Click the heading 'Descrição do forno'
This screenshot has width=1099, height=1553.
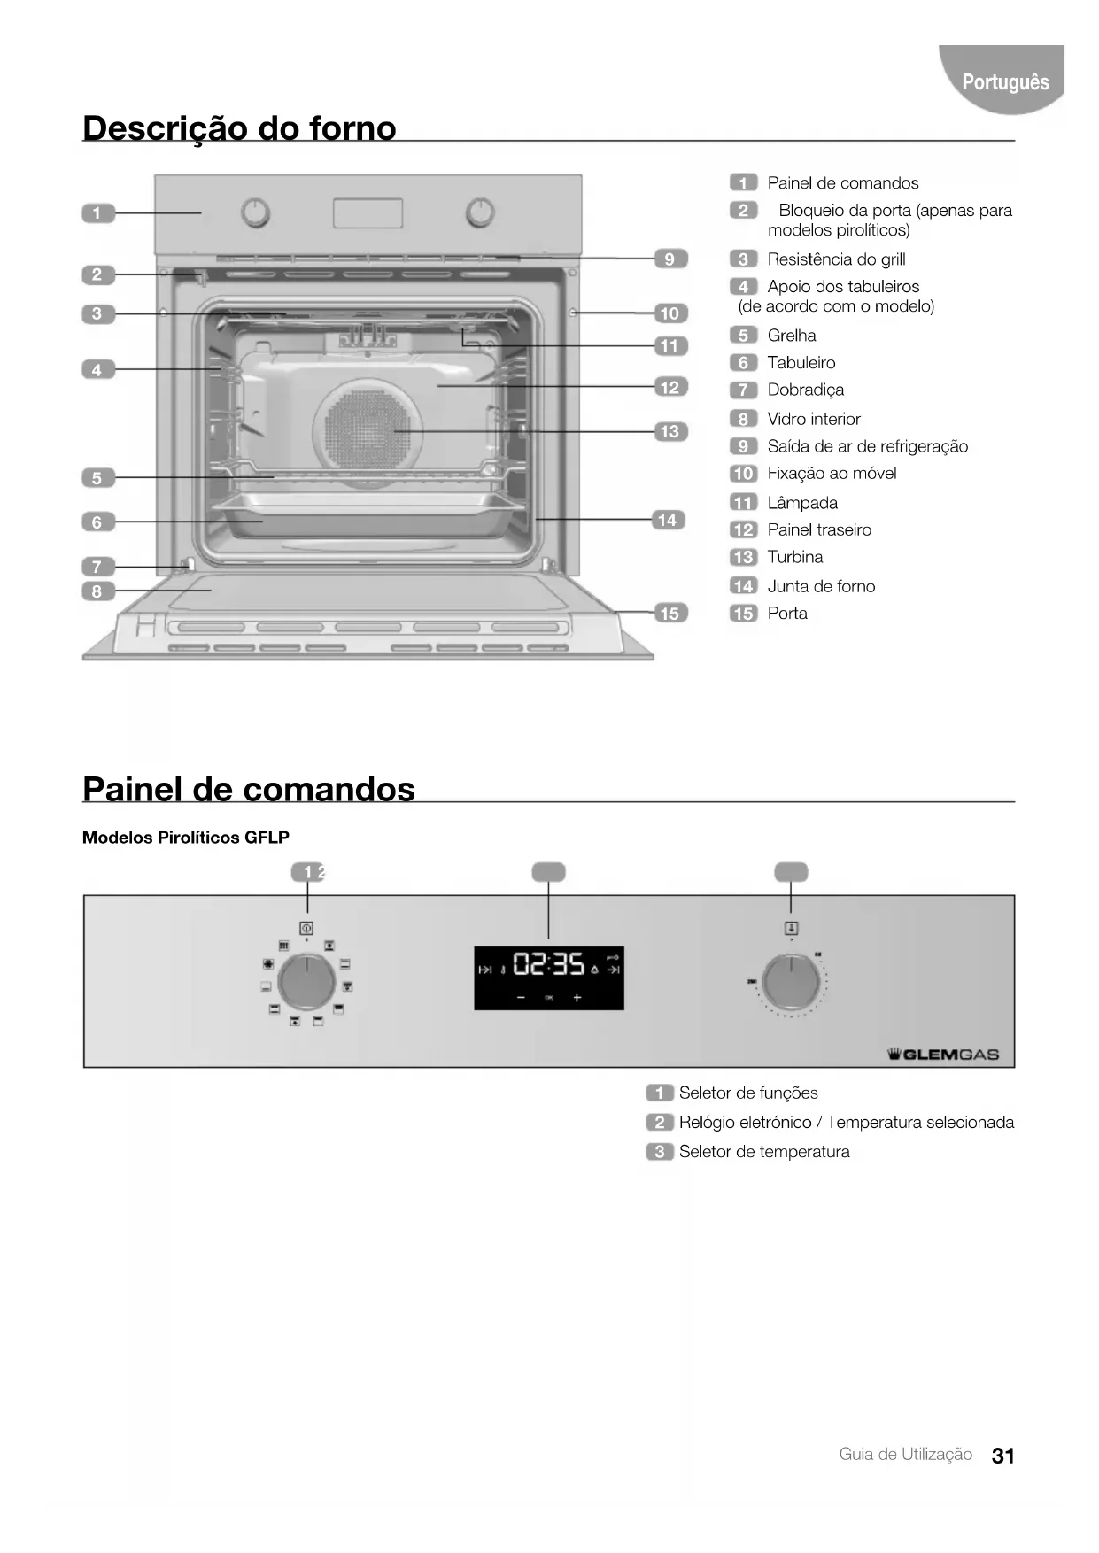pyautogui.click(x=239, y=128)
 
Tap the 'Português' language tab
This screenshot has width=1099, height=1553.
pyautogui.click(x=1005, y=82)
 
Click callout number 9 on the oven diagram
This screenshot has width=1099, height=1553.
pyautogui.click(x=669, y=259)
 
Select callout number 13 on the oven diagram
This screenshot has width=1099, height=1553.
pyautogui.click(x=669, y=431)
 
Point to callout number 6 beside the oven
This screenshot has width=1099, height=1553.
pyautogui.click(x=97, y=522)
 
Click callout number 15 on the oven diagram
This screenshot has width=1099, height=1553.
pyautogui.click(x=669, y=613)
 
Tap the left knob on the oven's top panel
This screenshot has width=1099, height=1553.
pyautogui.click(x=256, y=212)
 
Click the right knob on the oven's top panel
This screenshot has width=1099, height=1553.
pyautogui.click(x=480, y=212)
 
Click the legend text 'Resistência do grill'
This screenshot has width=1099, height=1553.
pyautogui.click(x=836, y=259)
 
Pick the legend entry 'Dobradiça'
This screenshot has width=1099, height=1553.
pyautogui.click(x=805, y=390)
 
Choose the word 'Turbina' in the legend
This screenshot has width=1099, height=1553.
pyautogui.click(x=794, y=557)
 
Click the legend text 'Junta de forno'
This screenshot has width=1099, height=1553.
pyautogui.click(x=821, y=586)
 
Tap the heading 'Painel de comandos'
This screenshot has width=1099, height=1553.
pyautogui.click(x=249, y=789)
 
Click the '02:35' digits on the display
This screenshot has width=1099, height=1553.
pyautogui.click(x=549, y=963)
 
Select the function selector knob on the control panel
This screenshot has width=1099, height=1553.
pyautogui.click(x=306, y=982)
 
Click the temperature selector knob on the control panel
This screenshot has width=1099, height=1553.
pyautogui.click(x=791, y=982)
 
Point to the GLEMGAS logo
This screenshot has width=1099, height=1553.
pyautogui.click(x=943, y=1055)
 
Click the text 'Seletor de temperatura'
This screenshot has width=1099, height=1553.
pyautogui.click(x=764, y=1152)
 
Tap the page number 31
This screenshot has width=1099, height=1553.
pyautogui.click(x=1003, y=1456)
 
